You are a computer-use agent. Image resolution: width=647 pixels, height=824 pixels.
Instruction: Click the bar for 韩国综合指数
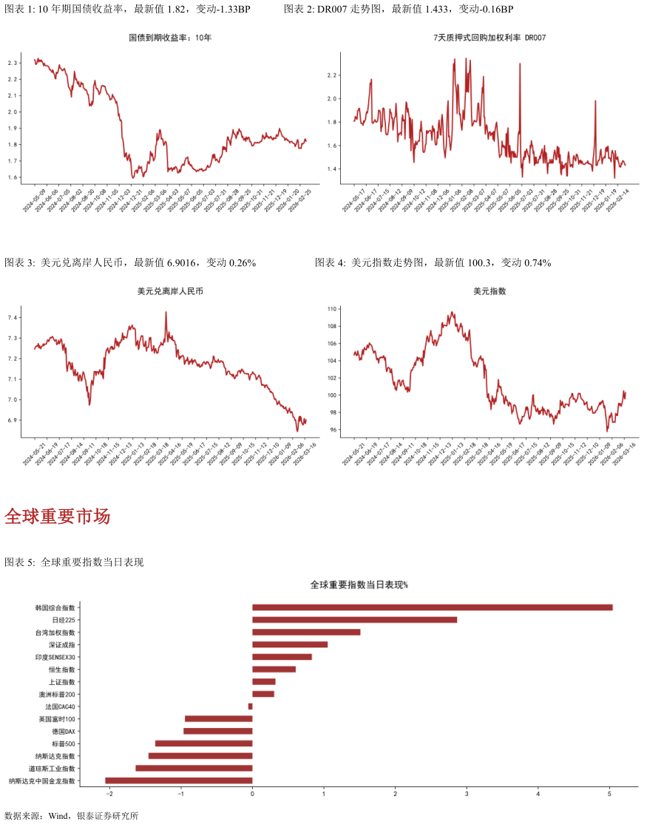pos(432,607)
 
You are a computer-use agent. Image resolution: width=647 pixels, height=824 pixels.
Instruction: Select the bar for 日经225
pos(354,620)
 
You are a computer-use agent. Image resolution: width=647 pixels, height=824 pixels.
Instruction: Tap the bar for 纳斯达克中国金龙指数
pos(179,780)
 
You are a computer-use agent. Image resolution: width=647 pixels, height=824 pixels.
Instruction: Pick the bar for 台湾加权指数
pos(306,633)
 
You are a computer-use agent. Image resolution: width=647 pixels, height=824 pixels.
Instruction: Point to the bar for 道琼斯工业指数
pos(194,769)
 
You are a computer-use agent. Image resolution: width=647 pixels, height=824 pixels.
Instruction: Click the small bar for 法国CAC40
pos(250,706)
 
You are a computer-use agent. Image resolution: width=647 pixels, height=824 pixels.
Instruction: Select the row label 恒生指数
pos(61,670)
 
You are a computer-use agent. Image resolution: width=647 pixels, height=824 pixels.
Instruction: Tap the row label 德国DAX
pos(64,732)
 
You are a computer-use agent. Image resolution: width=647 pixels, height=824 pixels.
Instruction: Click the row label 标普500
pos(64,743)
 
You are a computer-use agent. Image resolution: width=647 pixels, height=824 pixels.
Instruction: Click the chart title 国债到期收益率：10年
pos(170,37)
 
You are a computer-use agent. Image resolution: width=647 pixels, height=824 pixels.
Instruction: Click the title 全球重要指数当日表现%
pos(359,585)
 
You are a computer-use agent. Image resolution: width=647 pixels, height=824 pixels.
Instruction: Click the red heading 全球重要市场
pos(57,517)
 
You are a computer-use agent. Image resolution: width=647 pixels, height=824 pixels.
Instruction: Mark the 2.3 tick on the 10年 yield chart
pos(13,63)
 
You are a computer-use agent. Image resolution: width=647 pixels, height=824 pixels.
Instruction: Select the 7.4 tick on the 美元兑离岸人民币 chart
pos(13,318)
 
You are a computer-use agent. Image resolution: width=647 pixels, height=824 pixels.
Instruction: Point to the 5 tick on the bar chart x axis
pos(609,794)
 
